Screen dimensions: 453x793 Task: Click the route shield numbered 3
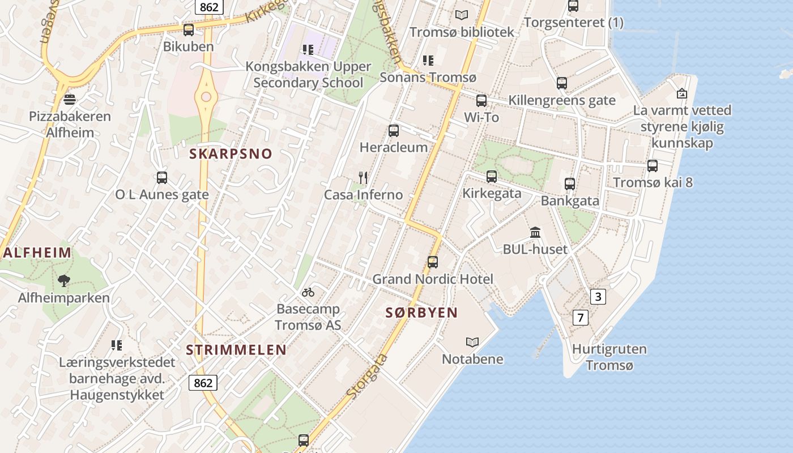click(598, 296)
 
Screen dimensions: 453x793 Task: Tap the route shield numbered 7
click(580, 317)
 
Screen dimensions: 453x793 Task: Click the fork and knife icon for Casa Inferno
click(363, 178)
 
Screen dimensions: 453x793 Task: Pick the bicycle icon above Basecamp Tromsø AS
click(308, 292)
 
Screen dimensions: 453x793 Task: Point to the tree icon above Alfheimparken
click(64, 280)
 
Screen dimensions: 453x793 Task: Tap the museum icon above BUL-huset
click(535, 232)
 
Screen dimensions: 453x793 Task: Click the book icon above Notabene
click(472, 342)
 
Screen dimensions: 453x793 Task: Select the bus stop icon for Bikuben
click(189, 29)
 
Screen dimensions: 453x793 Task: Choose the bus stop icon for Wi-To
click(481, 101)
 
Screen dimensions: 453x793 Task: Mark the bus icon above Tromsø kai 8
click(653, 166)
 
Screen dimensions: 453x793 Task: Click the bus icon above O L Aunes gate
click(162, 178)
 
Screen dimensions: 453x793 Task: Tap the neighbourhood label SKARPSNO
click(231, 153)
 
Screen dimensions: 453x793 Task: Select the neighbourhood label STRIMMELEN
click(236, 350)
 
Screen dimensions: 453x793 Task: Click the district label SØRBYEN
click(421, 313)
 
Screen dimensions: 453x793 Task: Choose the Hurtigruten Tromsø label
click(609, 357)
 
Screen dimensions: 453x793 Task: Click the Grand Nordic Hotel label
click(432, 279)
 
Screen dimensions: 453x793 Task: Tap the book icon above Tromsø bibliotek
click(462, 15)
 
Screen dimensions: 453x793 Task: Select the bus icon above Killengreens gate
click(562, 83)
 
